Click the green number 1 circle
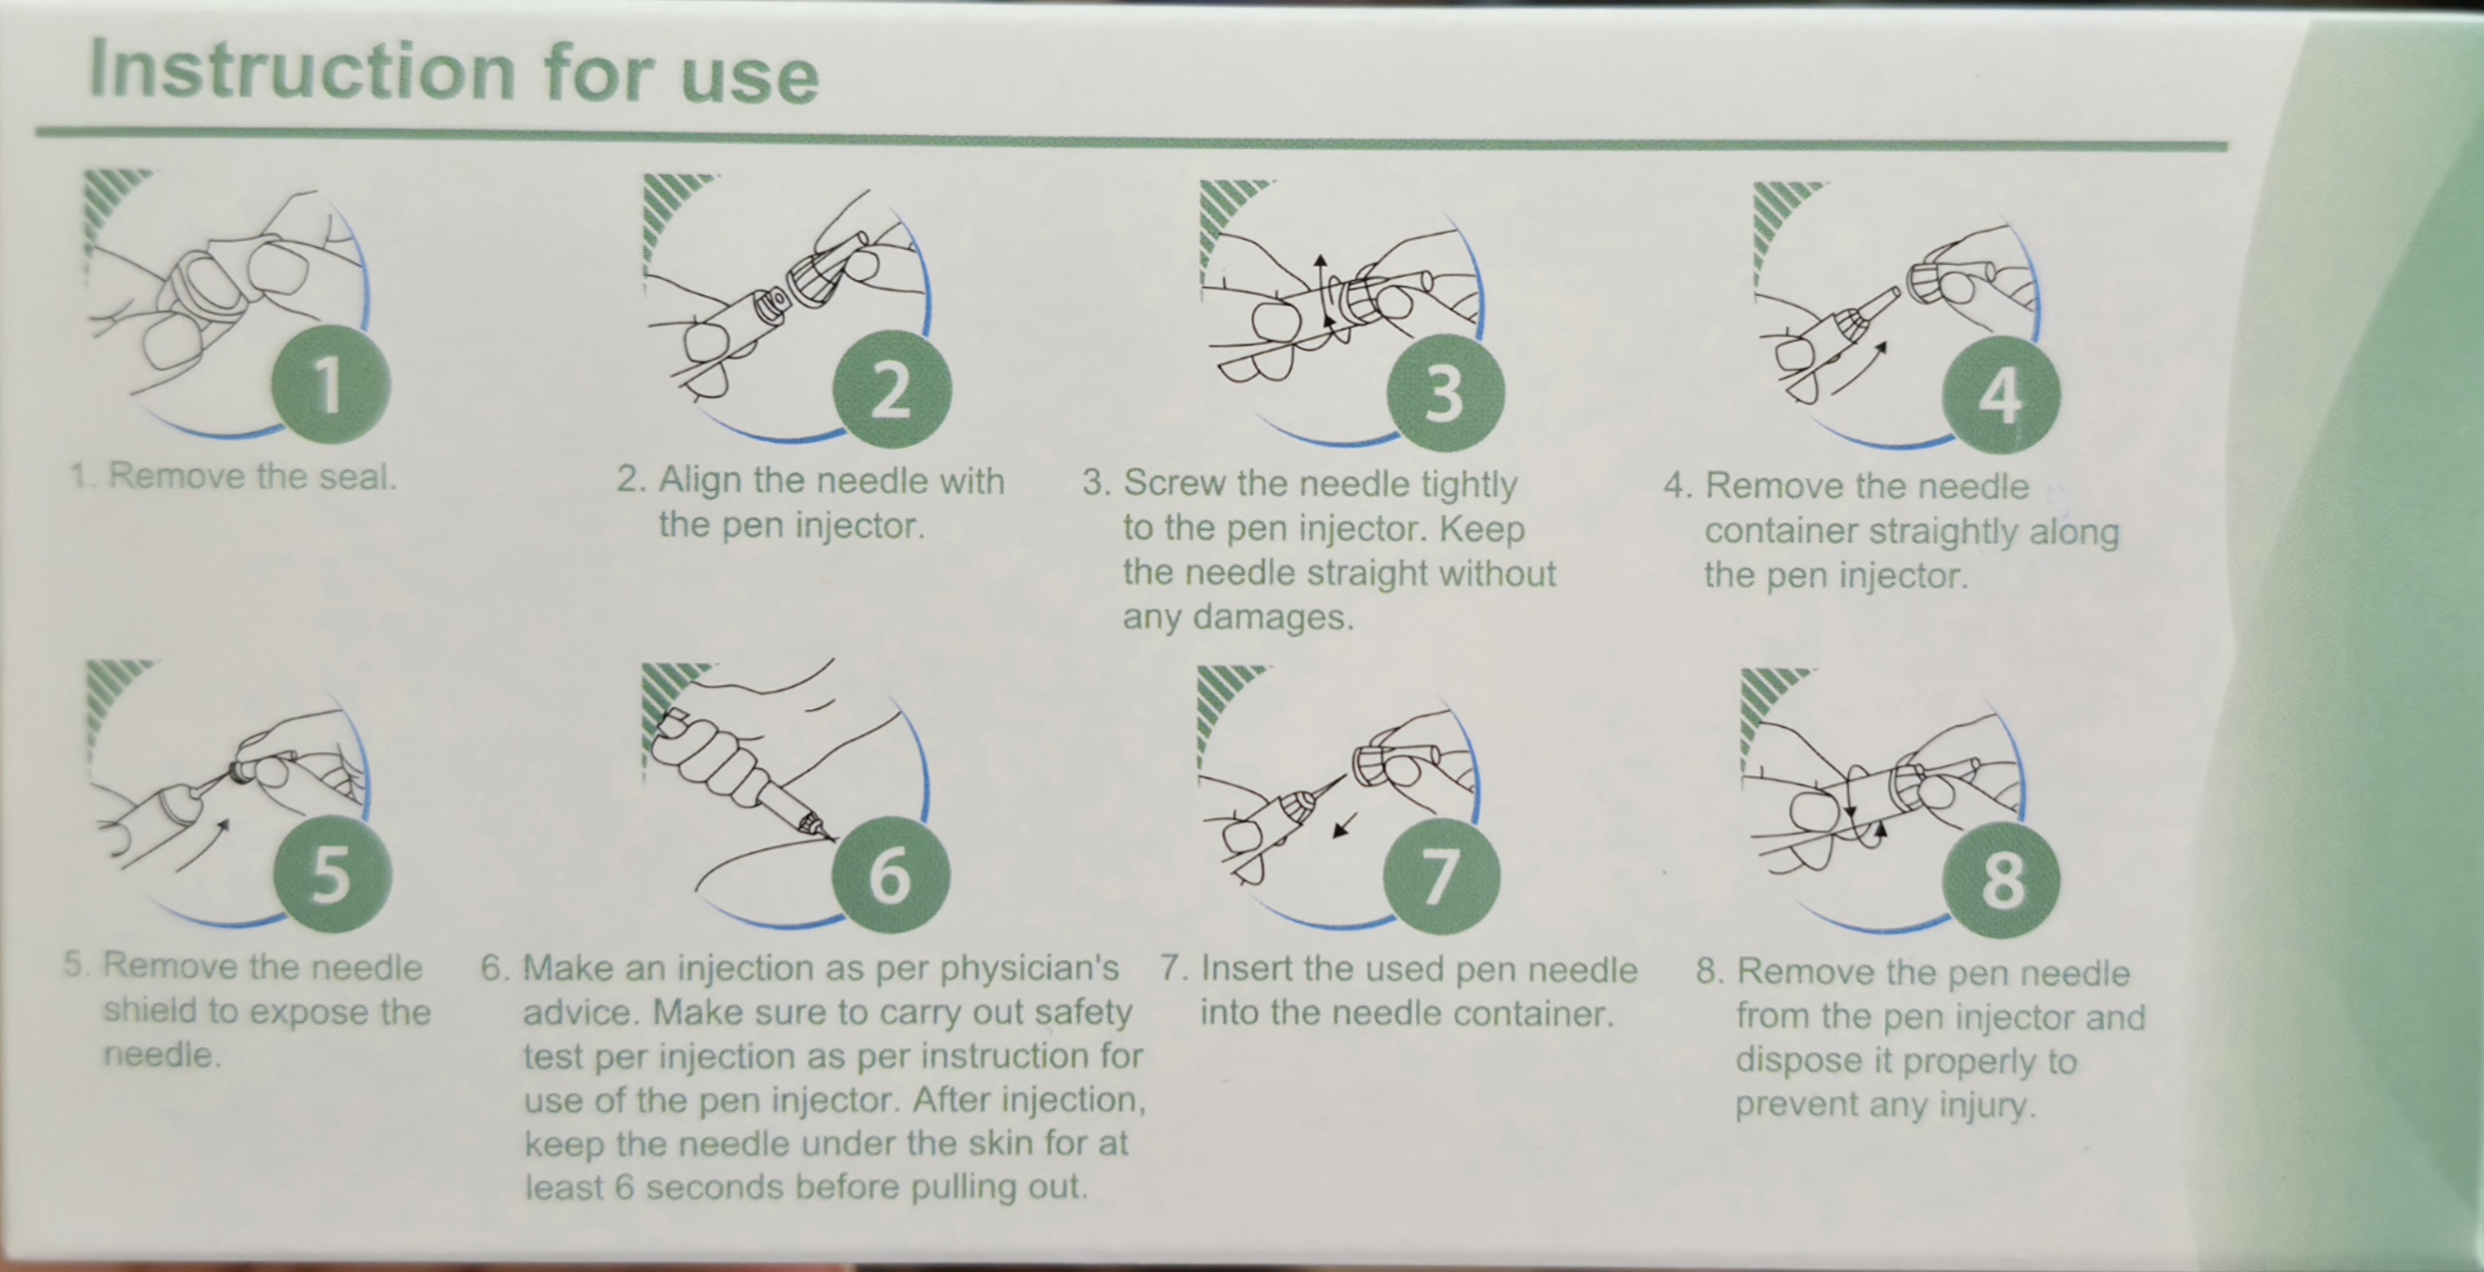331,384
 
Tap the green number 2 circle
892,389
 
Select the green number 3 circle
1445,392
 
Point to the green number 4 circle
2001,394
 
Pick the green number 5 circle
332,874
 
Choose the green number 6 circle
890,875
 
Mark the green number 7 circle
1442,876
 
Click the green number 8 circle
2001,880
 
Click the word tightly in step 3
1463,484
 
